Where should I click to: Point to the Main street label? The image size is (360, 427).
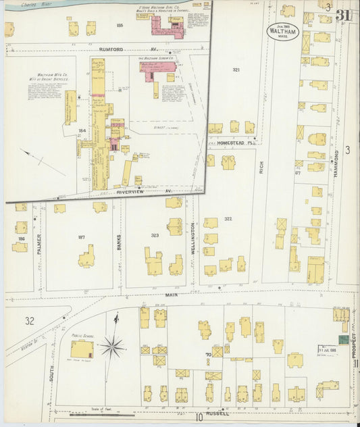click(x=170, y=295)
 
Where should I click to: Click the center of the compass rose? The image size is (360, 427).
click(x=112, y=347)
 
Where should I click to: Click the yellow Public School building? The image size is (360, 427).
click(x=82, y=349)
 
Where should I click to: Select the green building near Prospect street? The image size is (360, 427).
click(x=343, y=338)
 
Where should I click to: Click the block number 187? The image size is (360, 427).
click(x=82, y=237)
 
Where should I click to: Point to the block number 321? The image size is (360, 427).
click(x=236, y=70)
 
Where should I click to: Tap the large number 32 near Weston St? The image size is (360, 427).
click(x=29, y=321)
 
